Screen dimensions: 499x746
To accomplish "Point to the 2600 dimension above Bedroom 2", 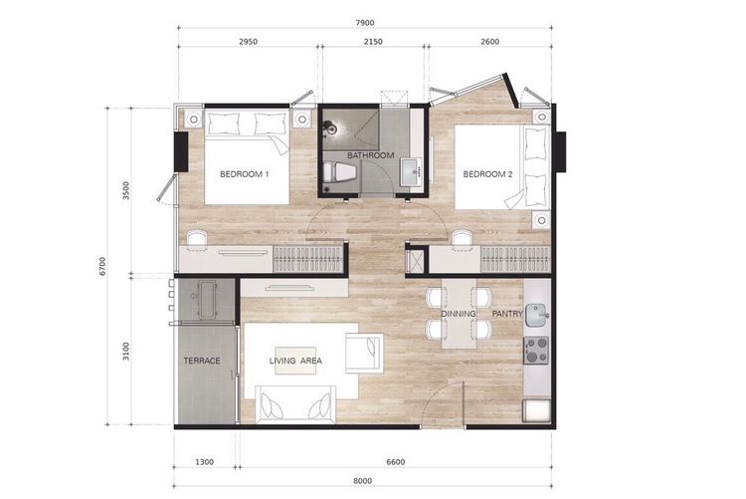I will pos(488,42).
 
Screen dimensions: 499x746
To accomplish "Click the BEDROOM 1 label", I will pos(245,174).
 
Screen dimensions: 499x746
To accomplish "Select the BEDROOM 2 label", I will pos(487,174).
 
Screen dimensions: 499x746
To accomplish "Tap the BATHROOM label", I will pos(370,156).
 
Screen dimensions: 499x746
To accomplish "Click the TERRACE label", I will pos(202,360).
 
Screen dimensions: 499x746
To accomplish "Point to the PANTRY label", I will pos(507,314).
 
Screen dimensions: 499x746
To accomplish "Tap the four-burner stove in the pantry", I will pos(537,350).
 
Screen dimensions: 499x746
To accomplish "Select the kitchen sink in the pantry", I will pos(537,316).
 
